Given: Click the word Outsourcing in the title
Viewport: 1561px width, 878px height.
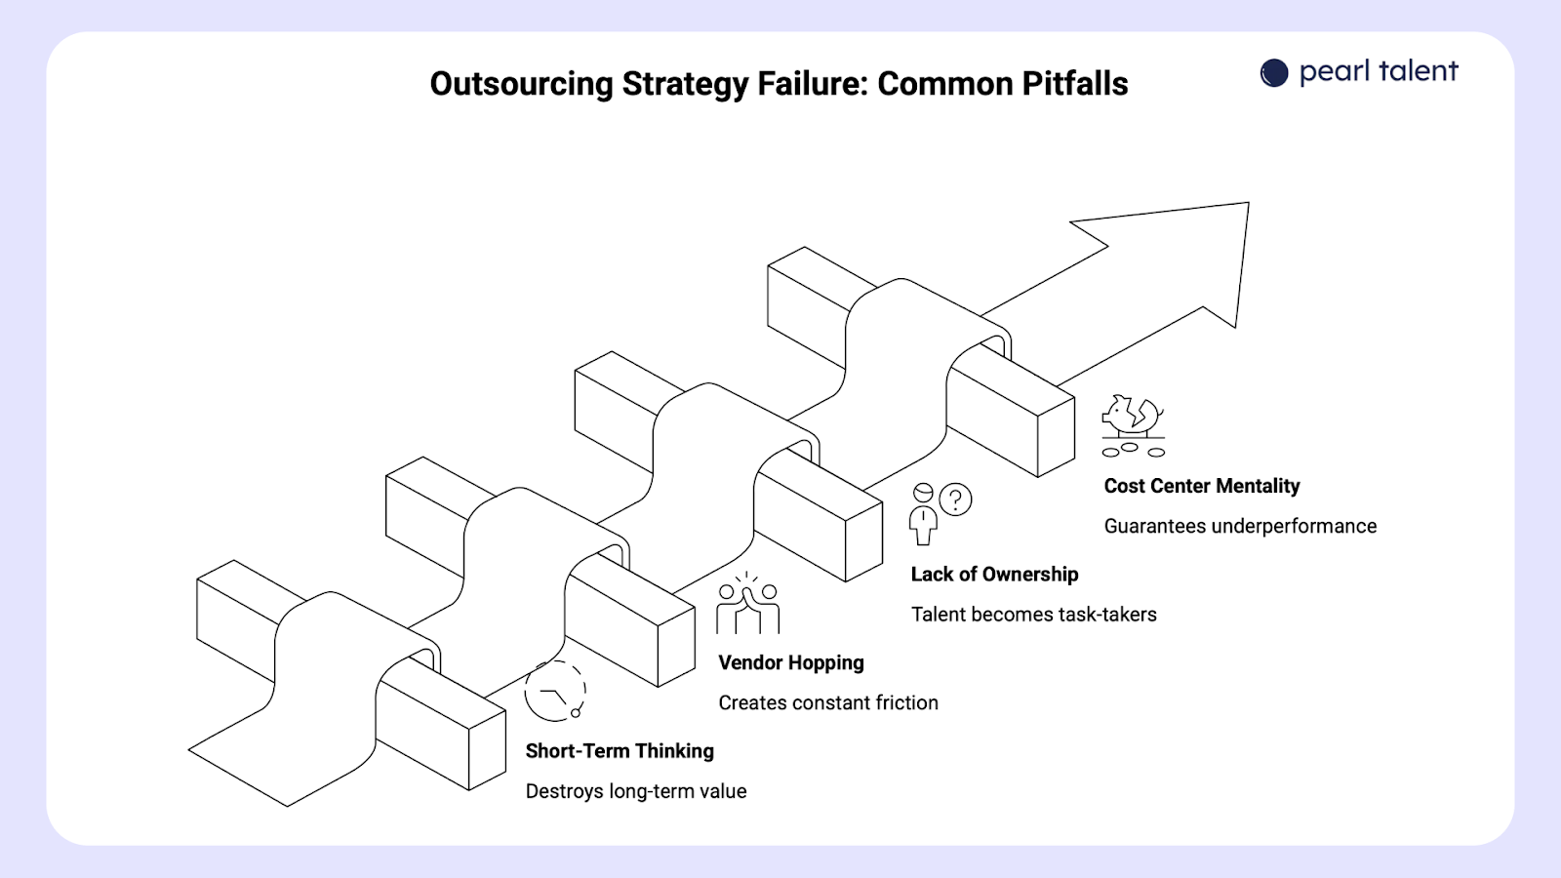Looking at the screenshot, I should tap(522, 84).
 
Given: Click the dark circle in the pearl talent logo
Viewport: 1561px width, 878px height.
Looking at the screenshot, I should tap(1274, 73).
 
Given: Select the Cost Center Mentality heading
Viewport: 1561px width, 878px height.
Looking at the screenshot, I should tap(1201, 486).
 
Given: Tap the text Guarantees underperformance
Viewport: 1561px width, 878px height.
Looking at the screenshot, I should tap(1240, 526).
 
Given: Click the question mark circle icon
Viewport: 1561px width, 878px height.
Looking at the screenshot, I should tap(956, 499).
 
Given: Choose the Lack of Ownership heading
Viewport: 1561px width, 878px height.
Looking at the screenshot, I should tap(994, 575).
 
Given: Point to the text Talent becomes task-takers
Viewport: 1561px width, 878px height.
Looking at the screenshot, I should tap(1033, 615).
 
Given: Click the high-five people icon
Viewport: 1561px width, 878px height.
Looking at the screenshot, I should tap(747, 605).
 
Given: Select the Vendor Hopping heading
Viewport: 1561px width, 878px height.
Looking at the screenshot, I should tap(791, 662).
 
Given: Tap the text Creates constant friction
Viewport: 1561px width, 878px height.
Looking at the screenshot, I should tap(828, 702).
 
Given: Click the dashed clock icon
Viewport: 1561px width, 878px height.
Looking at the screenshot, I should tap(554, 691).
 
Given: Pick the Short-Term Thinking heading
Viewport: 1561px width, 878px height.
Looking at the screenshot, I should tap(620, 751).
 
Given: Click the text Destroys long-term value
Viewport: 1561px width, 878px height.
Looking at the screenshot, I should tap(636, 791).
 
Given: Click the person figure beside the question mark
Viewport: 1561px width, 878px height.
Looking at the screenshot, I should tap(923, 514).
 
